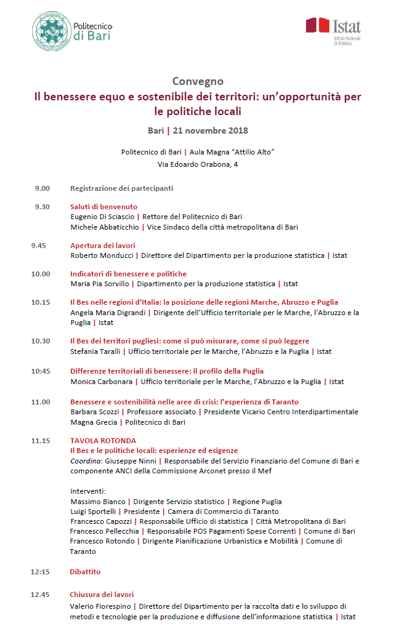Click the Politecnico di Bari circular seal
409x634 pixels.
pyautogui.click(x=51, y=31)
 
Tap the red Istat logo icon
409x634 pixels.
pyautogui.click(x=318, y=25)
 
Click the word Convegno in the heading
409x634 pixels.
pyautogui.click(x=198, y=81)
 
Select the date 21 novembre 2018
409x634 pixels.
pyautogui.click(x=211, y=130)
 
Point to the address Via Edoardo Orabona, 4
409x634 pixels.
pyautogui.click(x=198, y=164)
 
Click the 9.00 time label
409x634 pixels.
pyautogui.click(x=42, y=188)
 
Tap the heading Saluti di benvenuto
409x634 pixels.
pyautogui.click(x=103, y=207)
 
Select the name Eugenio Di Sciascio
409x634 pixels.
pyautogui.click(x=102, y=217)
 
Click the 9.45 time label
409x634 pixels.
pyautogui.click(x=39, y=246)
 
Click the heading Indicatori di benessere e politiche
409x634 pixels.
pyautogui.click(x=128, y=274)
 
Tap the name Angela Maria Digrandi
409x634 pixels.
pyautogui.click(x=108, y=313)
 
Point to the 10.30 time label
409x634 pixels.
pyautogui.click(x=41, y=341)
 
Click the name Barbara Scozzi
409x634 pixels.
pyautogui.click(x=94, y=412)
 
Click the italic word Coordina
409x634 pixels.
pyautogui.click(x=84, y=460)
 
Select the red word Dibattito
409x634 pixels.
pyautogui.click(x=85, y=572)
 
